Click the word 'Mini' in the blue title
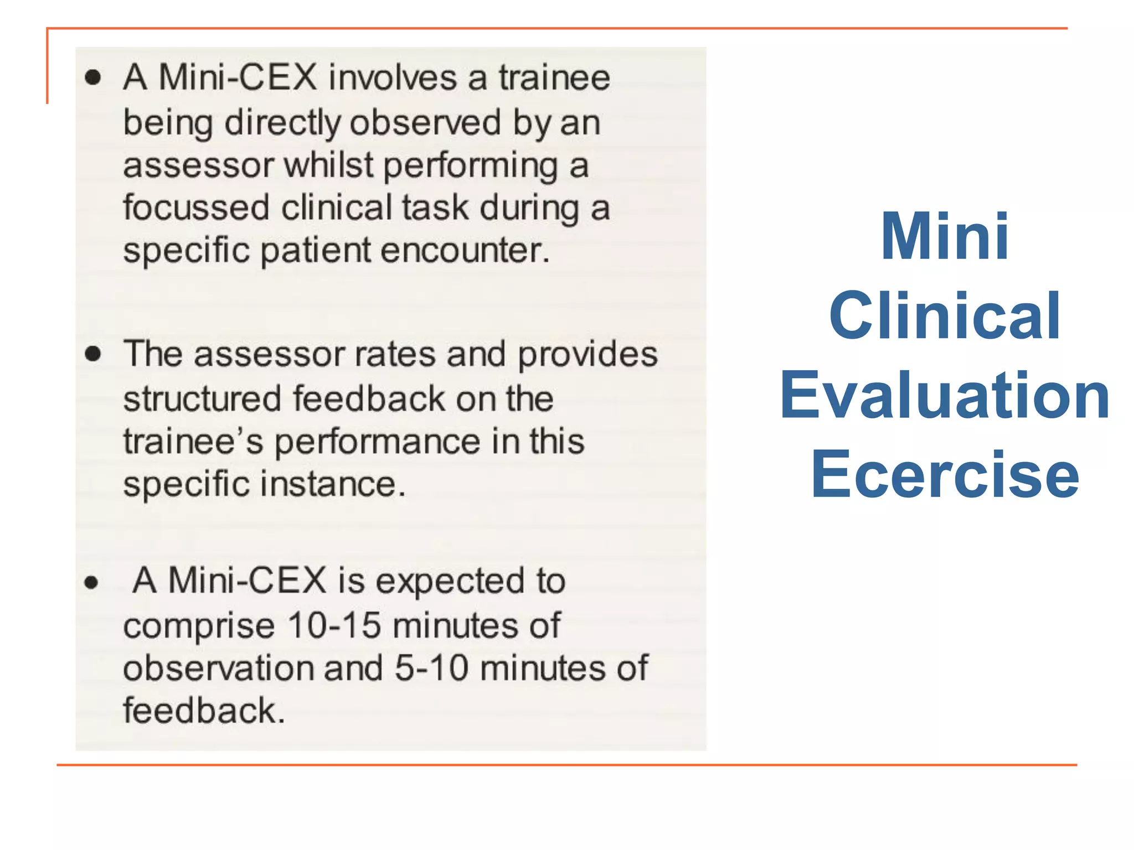[945, 236]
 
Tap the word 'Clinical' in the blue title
[945, 316]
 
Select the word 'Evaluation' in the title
[945, 396]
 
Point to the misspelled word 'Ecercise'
[945, 475]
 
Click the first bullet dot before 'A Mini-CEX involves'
[93, 77]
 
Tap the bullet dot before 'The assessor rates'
[93, 354]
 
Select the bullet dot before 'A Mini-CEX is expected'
[91, 582]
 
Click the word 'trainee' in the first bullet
[554, 77]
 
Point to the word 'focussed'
[196, 208]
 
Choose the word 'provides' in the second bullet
[587, 355]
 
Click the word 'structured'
[202, 398]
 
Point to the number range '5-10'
[432, 668]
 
